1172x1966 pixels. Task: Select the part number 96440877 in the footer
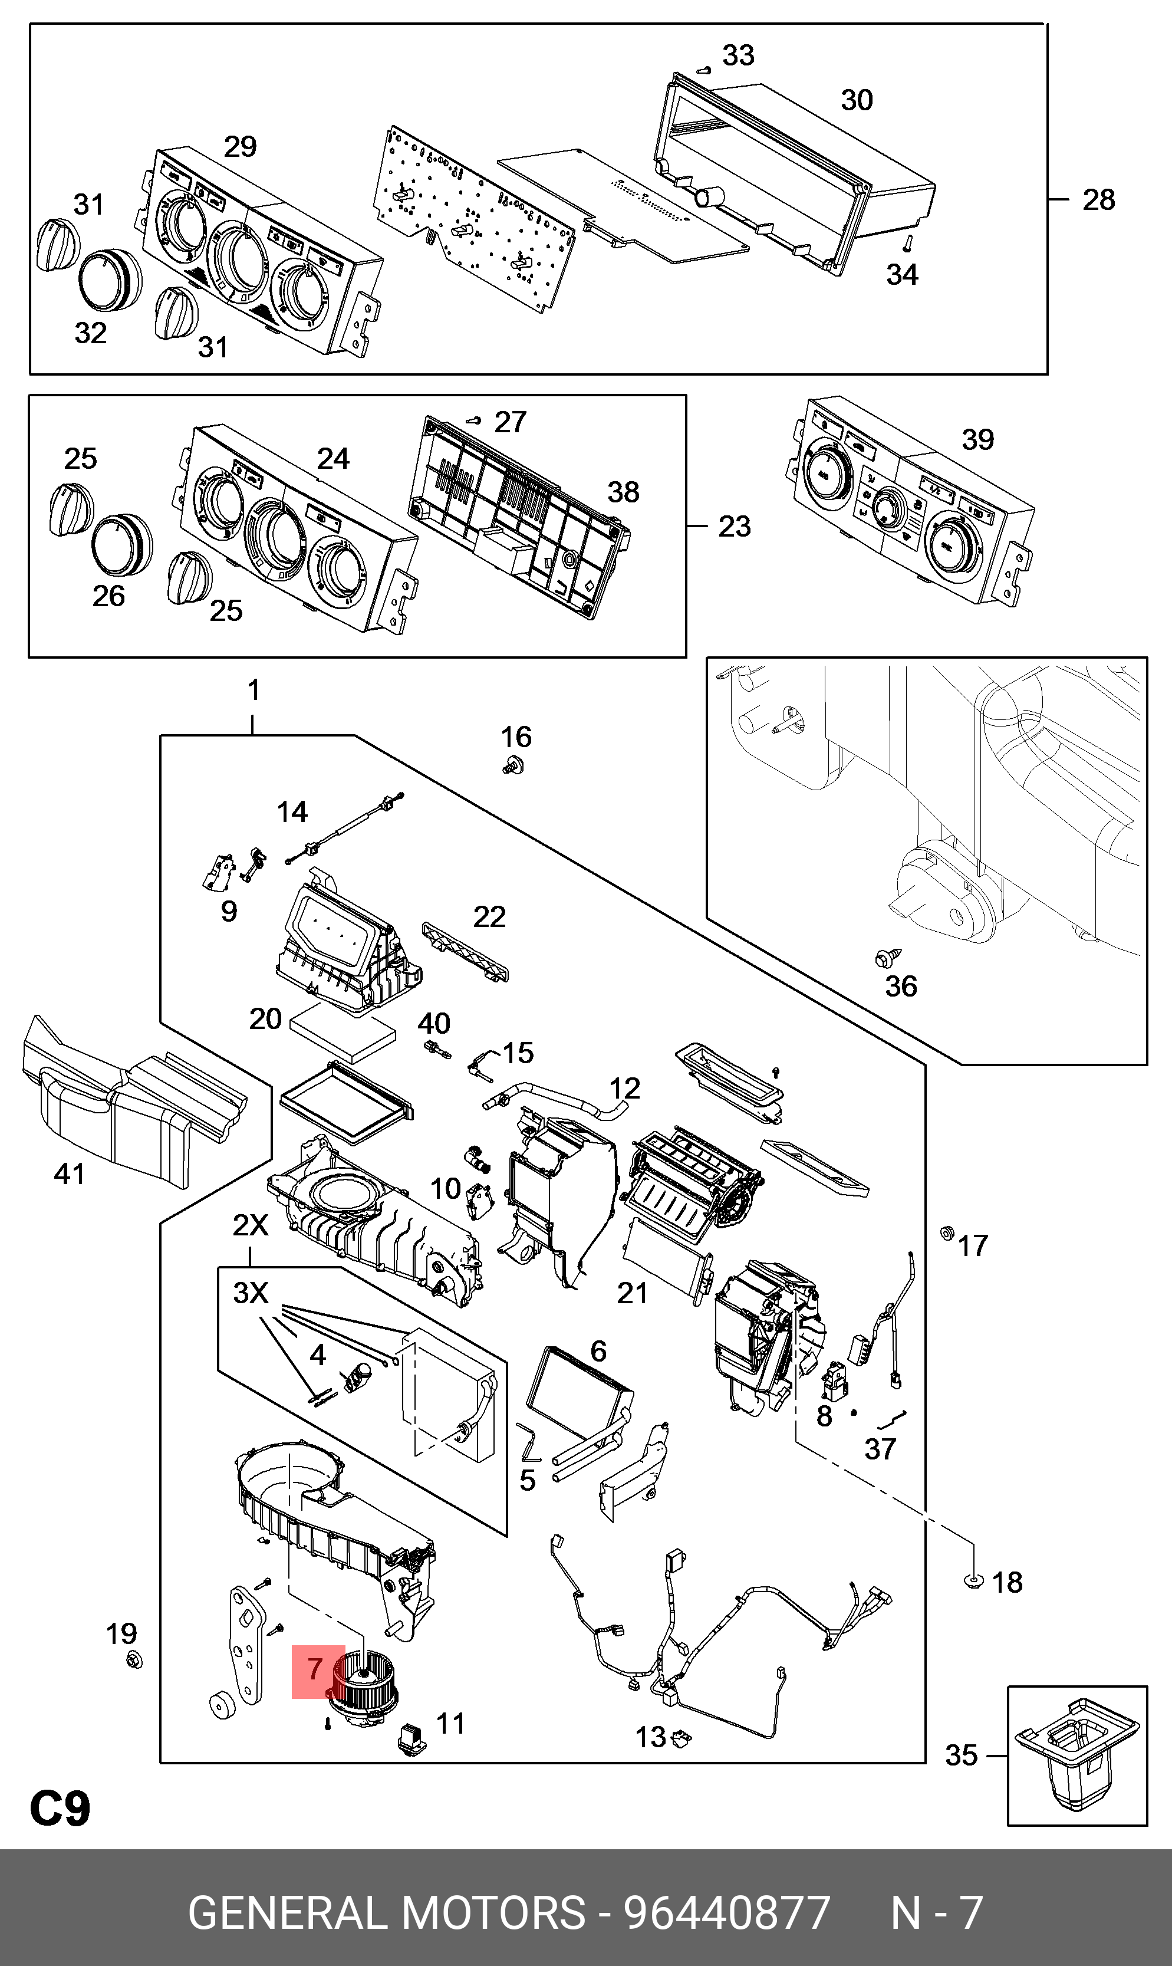point(726,1913)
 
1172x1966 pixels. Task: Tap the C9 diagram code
point(60,1808)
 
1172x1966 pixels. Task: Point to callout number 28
point(1098,200)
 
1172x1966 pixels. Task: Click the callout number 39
point(977,440)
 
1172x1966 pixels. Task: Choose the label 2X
point(251,1225)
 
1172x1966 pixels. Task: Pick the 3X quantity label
point(251,1293)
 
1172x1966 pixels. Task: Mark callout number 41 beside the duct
point(70,1173)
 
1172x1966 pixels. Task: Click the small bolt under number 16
point(514,765)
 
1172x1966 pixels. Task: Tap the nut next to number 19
point(134,1661)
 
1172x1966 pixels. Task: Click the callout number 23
point(735,527)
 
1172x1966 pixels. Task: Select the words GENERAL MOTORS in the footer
point(387,1913)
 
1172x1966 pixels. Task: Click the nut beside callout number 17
point(947,1233)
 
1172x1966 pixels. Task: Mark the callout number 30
point(857,100)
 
